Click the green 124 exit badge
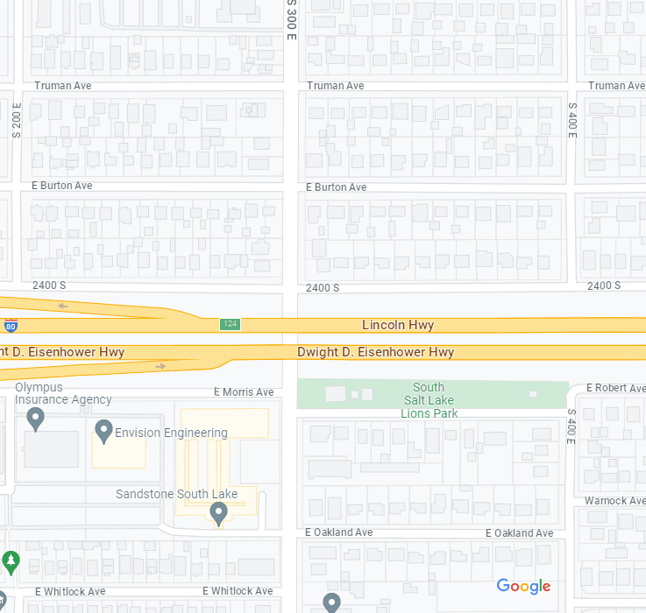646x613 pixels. [x=230, y=325]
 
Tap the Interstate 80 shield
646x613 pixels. [x=11, y=327]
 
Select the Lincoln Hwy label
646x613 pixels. [x=398, y=325]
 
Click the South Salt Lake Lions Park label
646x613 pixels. [x=429, y=400]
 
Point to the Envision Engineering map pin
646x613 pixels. [x=103, y=430]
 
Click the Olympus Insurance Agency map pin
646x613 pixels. [x=36, y=419]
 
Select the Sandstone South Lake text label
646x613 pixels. [x=176, y=494]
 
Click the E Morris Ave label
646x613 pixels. [x=244, y=392]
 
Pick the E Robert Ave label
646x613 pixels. [x=615, y=387]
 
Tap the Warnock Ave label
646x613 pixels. [x=614, y=501]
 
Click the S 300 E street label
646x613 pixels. [x=291, y=18]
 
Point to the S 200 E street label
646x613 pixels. [x=16, y=120]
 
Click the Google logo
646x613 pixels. [x=523, y=586]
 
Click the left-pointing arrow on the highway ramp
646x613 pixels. [x=62, y=306]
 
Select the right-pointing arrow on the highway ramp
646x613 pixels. [x=160, y=366]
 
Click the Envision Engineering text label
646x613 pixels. [x=171, y=433]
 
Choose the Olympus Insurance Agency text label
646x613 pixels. [x=63, y=393]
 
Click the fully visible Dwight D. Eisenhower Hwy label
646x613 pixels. [x=375, y=352]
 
